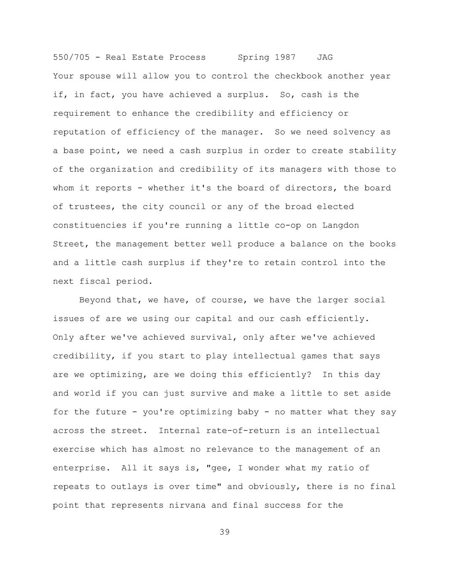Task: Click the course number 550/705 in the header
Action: click(71, 57)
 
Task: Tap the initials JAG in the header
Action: click(325, 57)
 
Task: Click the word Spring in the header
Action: click(254, 57)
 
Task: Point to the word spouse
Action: click(95, 76)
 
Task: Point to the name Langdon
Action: click(341, 225)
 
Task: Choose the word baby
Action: click(248, 412)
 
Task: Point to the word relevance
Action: click(233, 449)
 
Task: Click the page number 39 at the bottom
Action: click(224, 532)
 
